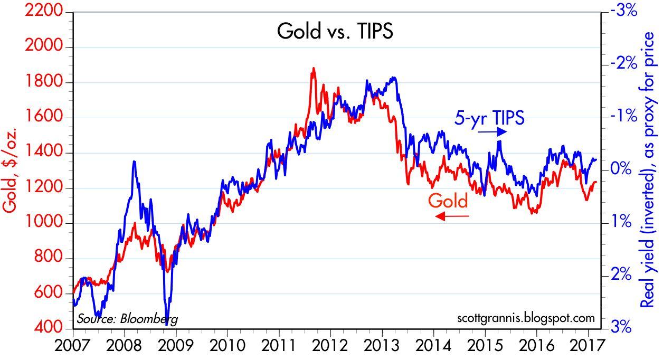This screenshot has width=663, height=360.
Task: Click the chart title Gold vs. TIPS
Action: click(x=335, y=32)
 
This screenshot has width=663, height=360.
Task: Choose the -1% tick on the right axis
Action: click(x=620, y=116)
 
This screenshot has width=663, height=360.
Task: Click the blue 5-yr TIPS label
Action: click(x=489, y=118)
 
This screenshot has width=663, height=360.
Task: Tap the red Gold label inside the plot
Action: click(x=448, y=201)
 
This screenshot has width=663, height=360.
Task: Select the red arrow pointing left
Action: click(x=451, y=215)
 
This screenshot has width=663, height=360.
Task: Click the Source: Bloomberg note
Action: click(x=127, y=319)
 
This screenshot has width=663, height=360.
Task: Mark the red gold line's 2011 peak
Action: click(x=313, y=69)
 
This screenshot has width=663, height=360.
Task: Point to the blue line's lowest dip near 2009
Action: click(x=167, y=318)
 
